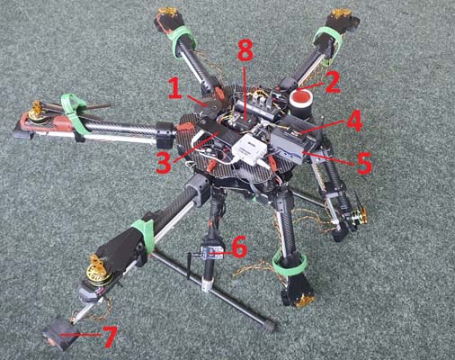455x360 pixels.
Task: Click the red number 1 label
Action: pos(175,87)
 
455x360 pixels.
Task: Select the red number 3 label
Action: pos(164,161)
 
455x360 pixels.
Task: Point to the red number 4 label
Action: pos(354,121)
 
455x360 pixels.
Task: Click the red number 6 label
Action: pos(239,247)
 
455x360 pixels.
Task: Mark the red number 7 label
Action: pos(110,337)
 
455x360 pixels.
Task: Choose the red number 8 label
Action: pos(245,54)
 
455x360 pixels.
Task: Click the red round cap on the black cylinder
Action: pos(300,98)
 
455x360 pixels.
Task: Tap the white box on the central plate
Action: pos(250,148)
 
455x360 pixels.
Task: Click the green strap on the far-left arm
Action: pos(75,112)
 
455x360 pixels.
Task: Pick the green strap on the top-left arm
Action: pos(183,41)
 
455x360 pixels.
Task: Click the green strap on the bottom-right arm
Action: pos(290,265)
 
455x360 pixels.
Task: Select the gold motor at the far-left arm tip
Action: pos(38,112)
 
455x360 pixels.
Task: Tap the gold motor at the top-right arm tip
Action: pos(340,13)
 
